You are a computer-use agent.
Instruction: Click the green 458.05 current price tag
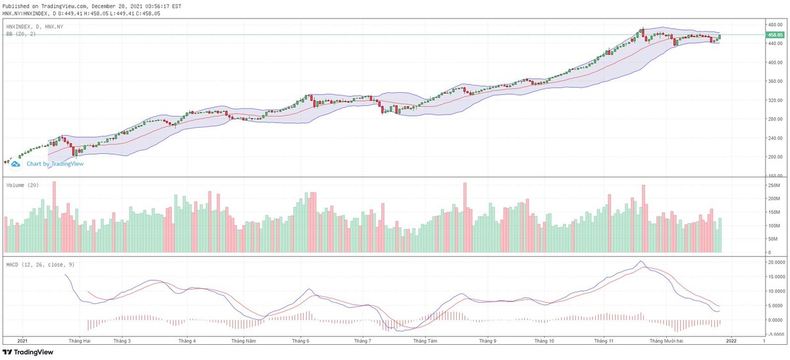point(774,34)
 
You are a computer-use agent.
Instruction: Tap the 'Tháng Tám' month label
point(425,341)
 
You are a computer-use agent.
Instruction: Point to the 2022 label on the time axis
point(730,341)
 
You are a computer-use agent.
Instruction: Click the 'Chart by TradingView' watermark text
point(55,164)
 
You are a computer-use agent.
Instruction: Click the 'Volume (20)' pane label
point(22,186)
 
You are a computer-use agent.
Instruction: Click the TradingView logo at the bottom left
point(26,352)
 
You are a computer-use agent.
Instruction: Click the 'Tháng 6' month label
point(301,341)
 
